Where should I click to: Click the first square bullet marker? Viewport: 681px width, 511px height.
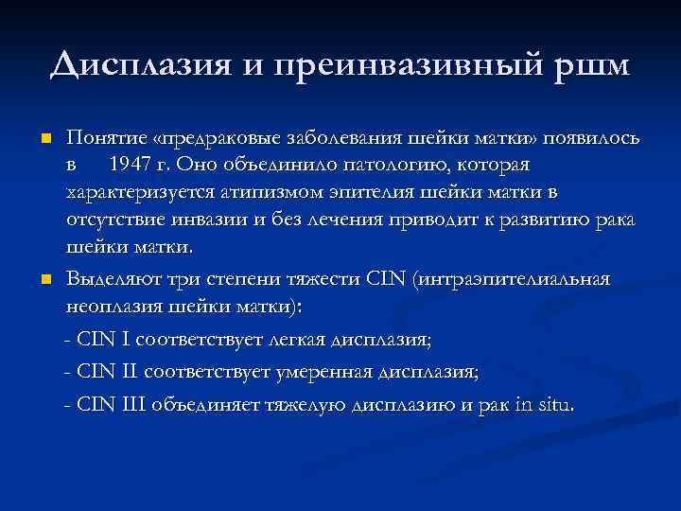click(x=44, y=139)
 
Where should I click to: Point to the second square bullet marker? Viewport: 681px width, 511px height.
click(x=44, y=280)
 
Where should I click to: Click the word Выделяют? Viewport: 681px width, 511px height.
click(x=111, y=280)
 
